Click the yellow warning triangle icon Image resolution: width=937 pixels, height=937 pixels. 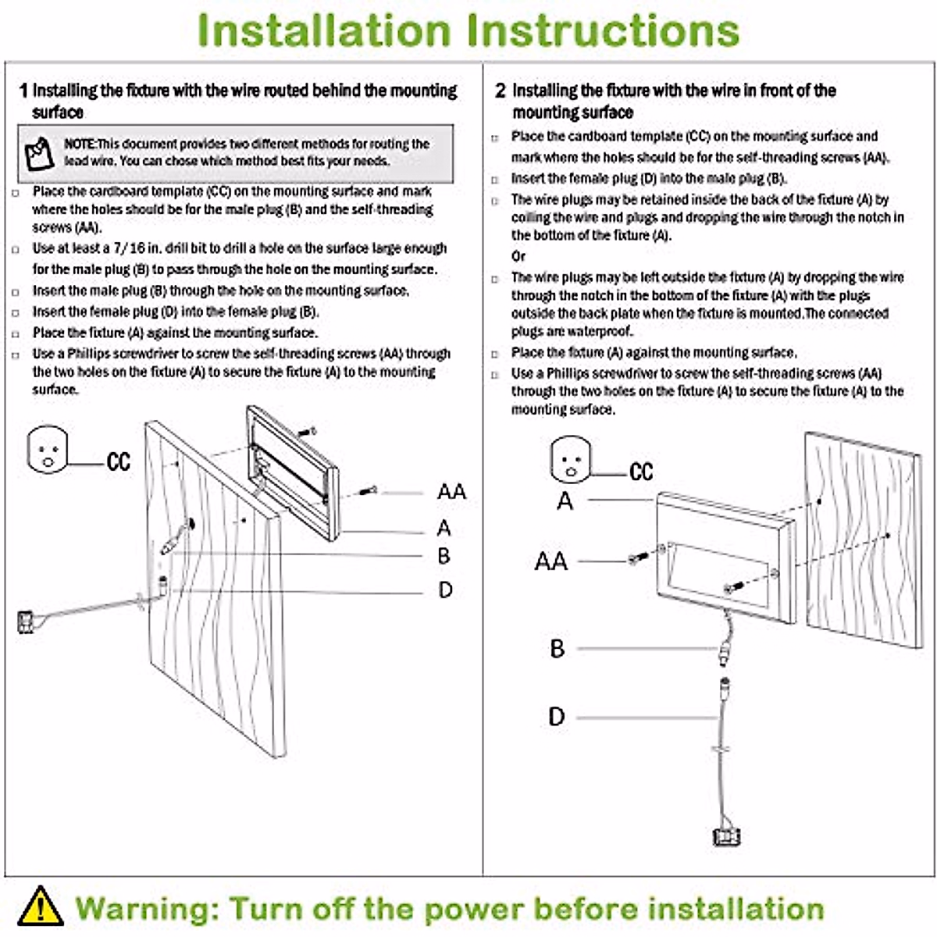tap(40, 906)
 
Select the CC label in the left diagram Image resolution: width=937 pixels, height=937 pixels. tap(118, 461)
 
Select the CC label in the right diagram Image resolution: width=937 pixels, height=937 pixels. tap(640, 472)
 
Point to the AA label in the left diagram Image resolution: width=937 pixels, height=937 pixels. tap(451, 492)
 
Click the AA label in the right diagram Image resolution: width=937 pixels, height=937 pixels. tap(550, 561)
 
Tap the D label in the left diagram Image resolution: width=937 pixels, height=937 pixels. tap(445, 590)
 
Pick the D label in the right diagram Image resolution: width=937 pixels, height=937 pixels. tap(556, 717)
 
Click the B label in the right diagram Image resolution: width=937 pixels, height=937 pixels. tap(557, 649)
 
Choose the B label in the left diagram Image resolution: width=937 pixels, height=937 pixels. tap(444, 556)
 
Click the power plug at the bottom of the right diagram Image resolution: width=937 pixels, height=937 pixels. tap(726, 835)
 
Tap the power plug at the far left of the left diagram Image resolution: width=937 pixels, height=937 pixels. tap(27, 622)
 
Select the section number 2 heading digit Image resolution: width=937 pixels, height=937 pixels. tap(500, 91)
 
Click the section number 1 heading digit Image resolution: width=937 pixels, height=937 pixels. tap(23, 91)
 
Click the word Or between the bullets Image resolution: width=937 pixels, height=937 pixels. tap(518, 256)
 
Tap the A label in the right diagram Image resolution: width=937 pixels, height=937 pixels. tap(565, 501)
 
